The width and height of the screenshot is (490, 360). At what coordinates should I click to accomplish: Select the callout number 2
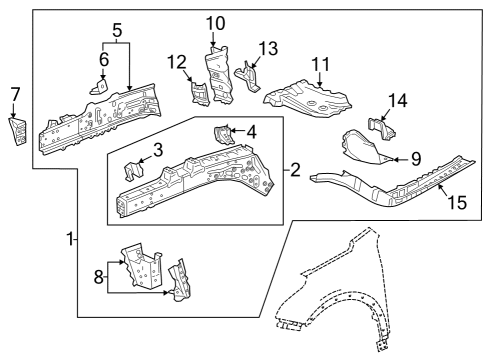pos(294,170)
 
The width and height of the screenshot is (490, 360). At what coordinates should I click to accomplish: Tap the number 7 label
pos(14,94)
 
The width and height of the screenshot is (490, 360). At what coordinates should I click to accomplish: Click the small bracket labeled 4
pos(222,135)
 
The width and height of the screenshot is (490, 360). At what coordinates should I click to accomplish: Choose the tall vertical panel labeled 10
pos(217,72)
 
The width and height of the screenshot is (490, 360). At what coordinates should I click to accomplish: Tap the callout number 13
pos(267,48)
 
